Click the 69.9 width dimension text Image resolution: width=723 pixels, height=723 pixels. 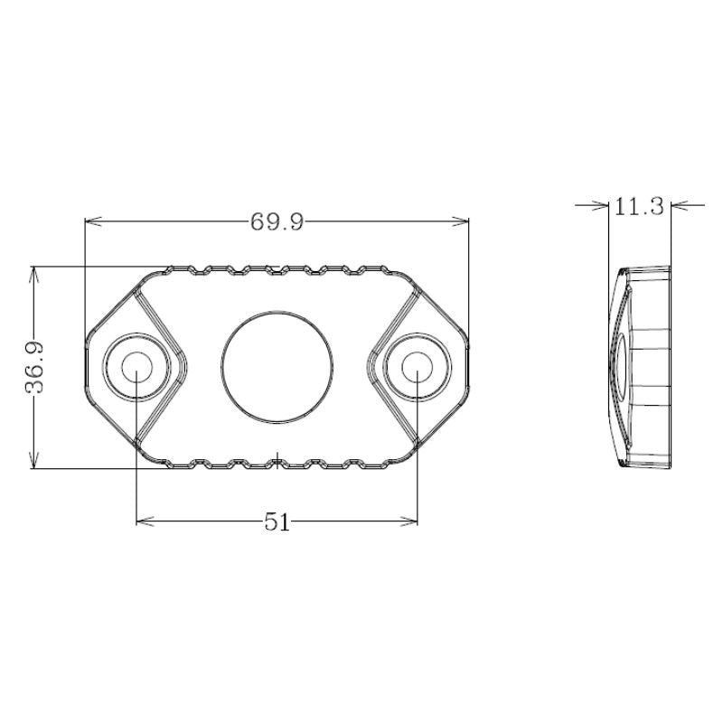tap(277, 222)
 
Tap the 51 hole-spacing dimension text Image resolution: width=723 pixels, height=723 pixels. tap(277, 522)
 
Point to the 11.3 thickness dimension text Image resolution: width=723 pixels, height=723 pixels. tap(639, 207)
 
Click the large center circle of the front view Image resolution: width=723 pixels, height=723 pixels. tap(277, 368)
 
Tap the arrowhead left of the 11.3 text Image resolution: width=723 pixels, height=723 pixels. tap(601, 206)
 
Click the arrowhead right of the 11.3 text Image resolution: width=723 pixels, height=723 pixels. tap(679, 206)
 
